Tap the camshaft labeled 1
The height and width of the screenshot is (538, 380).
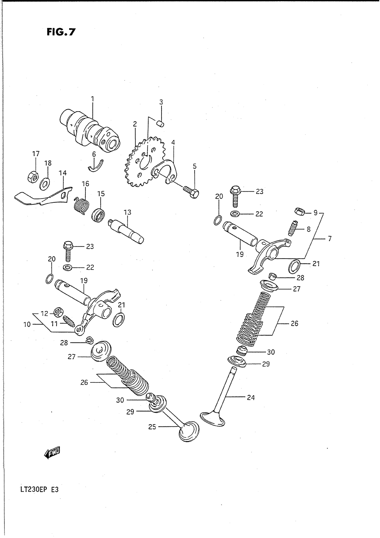pos(91,129)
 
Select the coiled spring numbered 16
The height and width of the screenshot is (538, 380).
pos(81,205)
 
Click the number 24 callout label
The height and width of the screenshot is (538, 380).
pos(250,398)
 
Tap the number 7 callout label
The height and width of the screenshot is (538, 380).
pos(329,239)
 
